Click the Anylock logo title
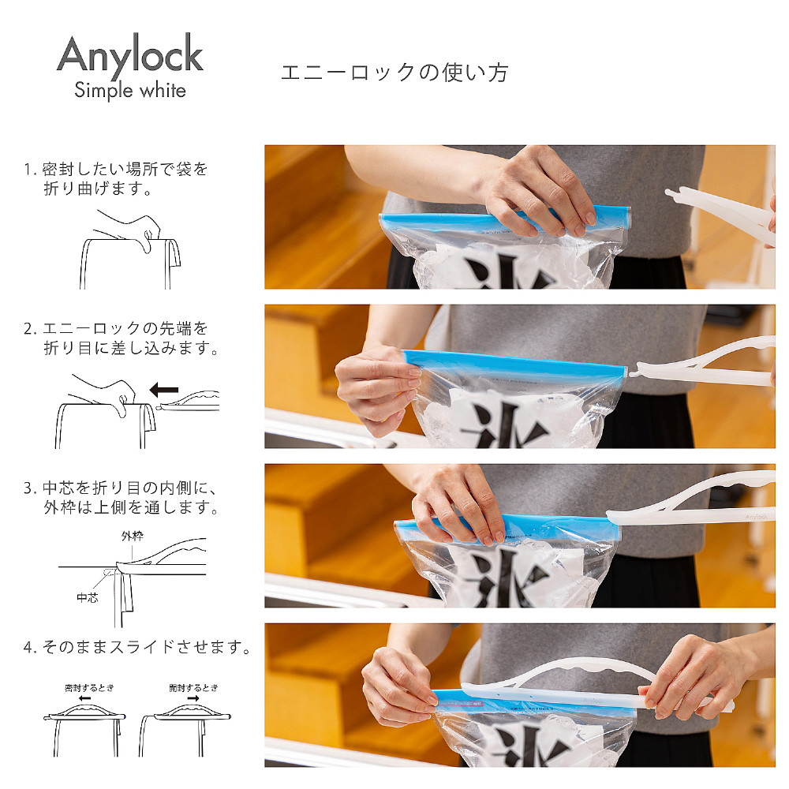(130, 55)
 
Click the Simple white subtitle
(130, 91)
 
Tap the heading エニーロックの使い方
(394, 73)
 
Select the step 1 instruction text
(116, 178)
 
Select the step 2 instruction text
(121, 338)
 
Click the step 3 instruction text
(121, 497)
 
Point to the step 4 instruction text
(136, 647)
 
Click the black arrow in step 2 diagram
(164, 389)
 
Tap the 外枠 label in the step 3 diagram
(133, 536)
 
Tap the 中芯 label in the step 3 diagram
(87, 597)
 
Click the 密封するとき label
(90, 687)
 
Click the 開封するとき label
(194, 687)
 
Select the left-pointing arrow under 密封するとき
(84, 698)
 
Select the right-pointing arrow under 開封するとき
(193, 698)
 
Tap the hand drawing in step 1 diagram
(129, 229)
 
